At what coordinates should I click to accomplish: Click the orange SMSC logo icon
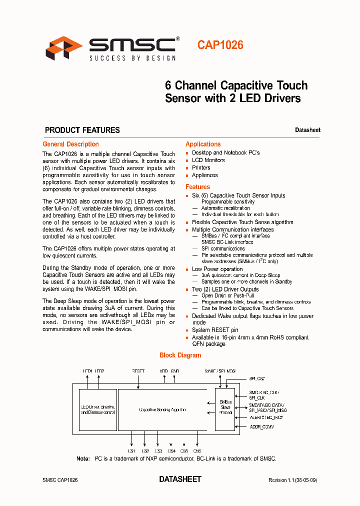pyautogui.click(x=64, y=48)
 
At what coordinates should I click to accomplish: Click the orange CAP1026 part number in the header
pyautogui.click(x=220, y=45)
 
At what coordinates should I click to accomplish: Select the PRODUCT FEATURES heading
pyautogui.click(x=82, y=130)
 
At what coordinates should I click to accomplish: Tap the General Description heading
pyautogui.click(x=70, y=144)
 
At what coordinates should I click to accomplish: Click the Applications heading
pyautogui.click(x=203, y=144)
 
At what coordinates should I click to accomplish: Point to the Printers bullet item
pyautogui.click(x=201, y=167)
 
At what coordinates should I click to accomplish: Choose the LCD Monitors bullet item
pyautogui.click(x=208, y=160)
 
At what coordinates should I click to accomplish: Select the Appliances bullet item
pyautogui.click(x=204, y=175)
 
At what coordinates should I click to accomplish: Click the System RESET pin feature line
pyautogui.click(x=215, y=330)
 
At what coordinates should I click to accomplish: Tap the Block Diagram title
pyautogui.click(x=180, y=355)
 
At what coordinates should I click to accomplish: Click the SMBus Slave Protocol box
pyautogui.click(x=225, y=407)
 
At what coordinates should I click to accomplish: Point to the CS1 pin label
pyautogui.click(x=131, y=451)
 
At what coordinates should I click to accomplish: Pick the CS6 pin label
pyautogui.click(x=197, y=451)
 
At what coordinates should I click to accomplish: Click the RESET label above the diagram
pyautogui.click(x=138, y=371)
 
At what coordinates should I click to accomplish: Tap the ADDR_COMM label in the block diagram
pyautogui.click(x=261, y=427)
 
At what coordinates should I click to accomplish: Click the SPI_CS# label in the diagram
pyautogui.click(x=256, y=379)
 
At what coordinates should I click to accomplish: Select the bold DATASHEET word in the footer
pyautogui.click(x=180, y=479)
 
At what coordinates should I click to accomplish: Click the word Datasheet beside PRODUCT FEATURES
pyautogui.click(x=307, y=130)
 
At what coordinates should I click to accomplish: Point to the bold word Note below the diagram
pyautogui.click(x=82, y=458)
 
